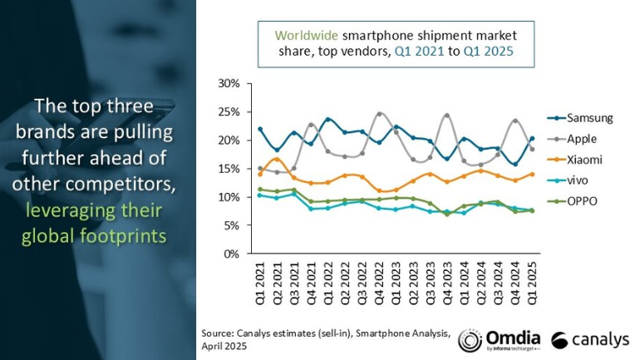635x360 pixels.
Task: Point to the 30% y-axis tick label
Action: [229, 84]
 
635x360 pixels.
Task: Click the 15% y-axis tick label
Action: [229, 169]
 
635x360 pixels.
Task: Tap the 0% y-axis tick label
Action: [232, 254]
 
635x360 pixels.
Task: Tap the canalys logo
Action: [589, 340]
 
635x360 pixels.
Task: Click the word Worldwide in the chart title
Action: [304, 35]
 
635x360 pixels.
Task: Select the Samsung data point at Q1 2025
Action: [532, 139]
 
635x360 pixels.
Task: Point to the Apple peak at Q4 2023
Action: [447, 116]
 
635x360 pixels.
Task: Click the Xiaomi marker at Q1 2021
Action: [260, 174]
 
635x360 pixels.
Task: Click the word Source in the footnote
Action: [218, 333]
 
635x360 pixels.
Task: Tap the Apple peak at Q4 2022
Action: [379, 114]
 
